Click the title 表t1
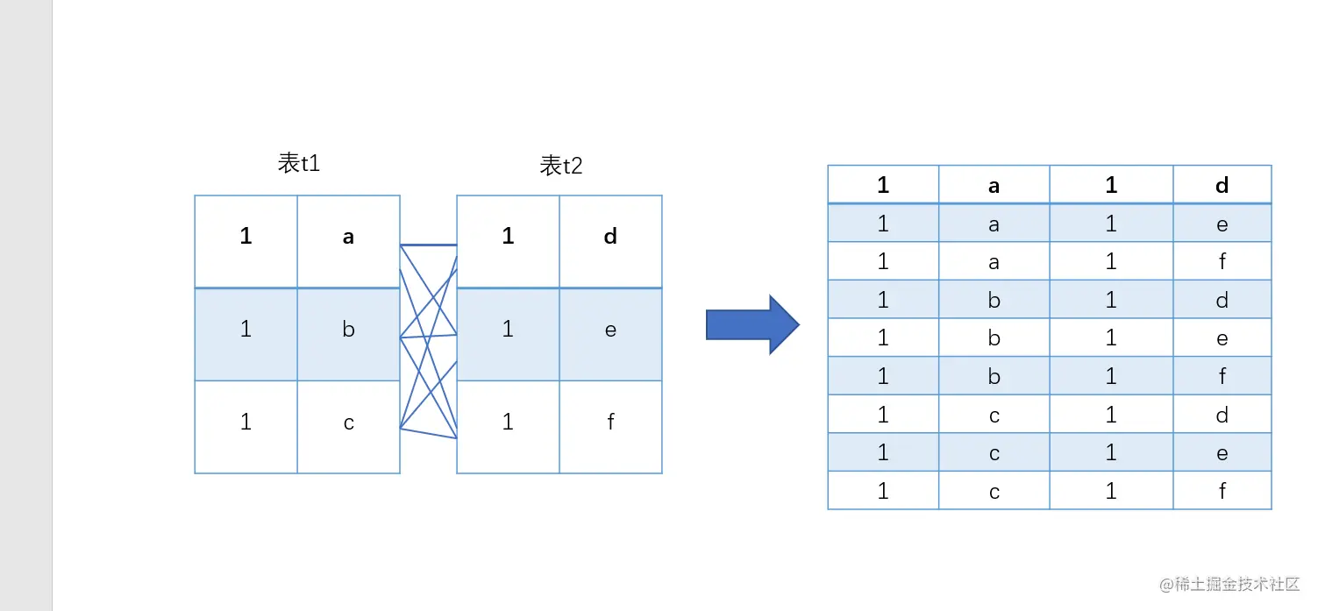coord(299,163)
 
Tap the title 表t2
coord(561,166)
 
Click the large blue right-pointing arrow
coord(752,325)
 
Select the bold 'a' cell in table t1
coord(348,237)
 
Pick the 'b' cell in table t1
coord(348,330)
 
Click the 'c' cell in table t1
coord(348,423)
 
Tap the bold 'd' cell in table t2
coord(610,237)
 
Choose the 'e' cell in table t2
coord(610,330)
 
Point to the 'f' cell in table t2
coord(610,423)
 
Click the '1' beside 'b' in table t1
coord(246,330)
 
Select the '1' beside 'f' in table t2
coord(508,423)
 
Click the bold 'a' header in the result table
coord(994,185)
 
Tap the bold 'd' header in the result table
coord(1222,185)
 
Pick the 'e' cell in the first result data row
coord(1222,224)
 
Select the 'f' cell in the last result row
coord(1222,491)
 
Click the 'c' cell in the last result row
coord(994,491)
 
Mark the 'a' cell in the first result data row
coord(994,224)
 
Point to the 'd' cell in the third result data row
coord(1222,300)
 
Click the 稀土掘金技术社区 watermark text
coord(1237,585)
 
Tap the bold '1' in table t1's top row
coord(246,237)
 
